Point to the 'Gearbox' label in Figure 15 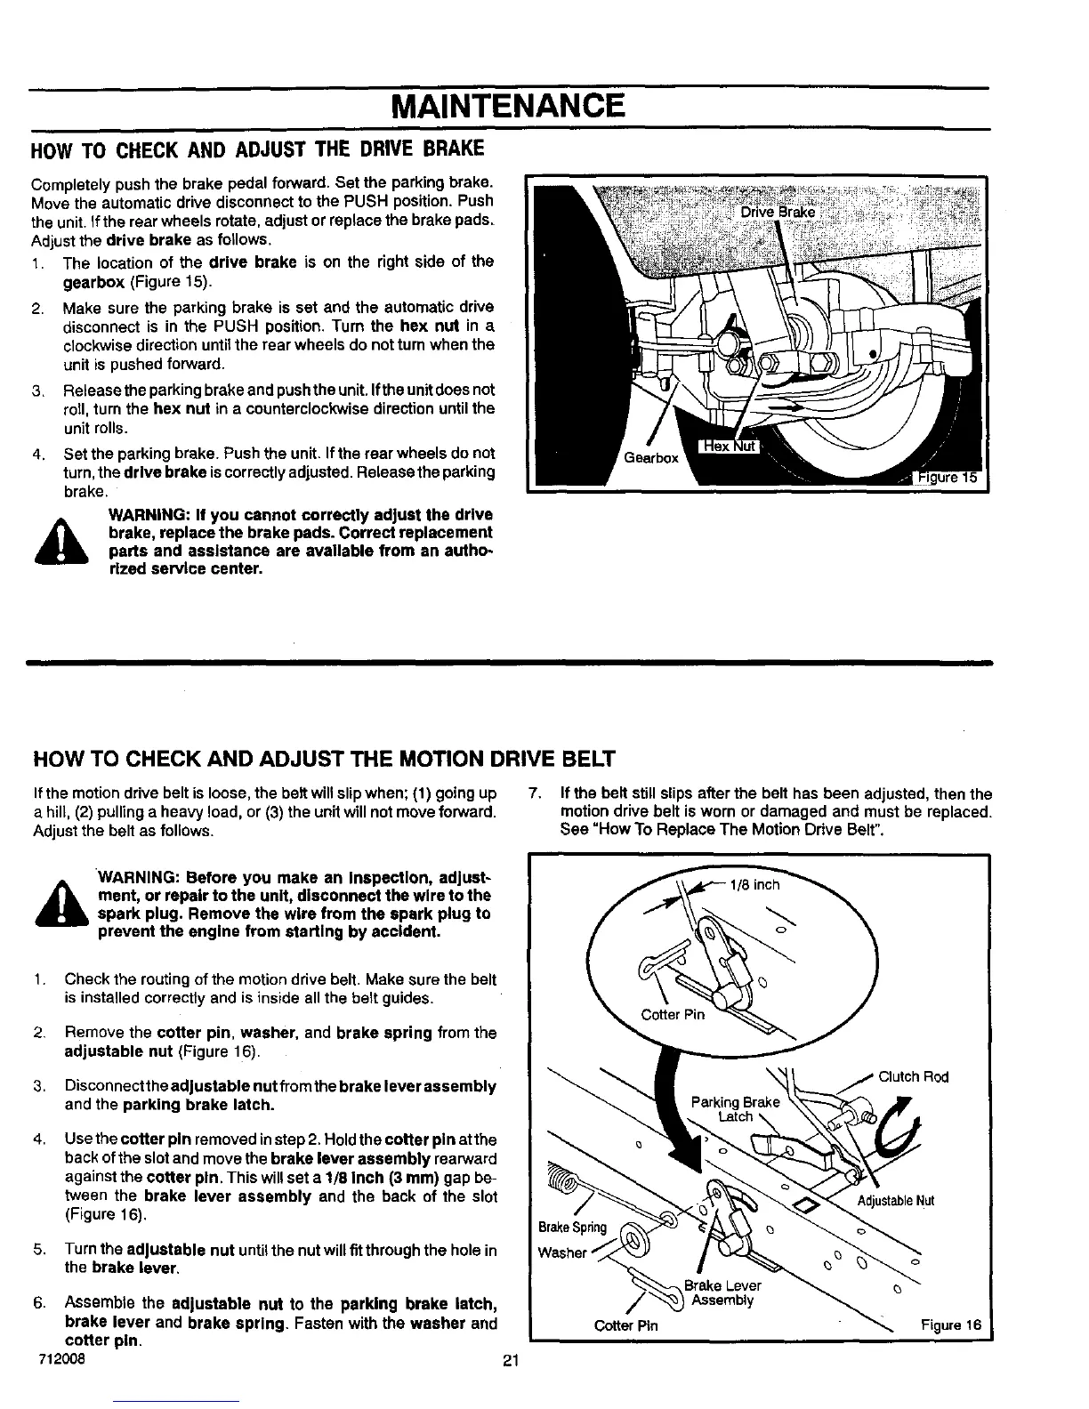click(x=651, y=458)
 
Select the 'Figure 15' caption click(x=948, y=478)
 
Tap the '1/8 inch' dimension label click(x=754, y=884)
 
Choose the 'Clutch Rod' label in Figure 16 click(x=913, y=1077)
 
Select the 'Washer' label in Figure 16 click(x=562, y=1253)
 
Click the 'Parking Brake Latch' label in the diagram click(x=734, y=1109)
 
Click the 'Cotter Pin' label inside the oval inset click(x=673, y=1015)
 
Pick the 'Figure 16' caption click(x=950, y=1325)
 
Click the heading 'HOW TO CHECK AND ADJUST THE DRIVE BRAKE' click(x=258, y=146)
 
